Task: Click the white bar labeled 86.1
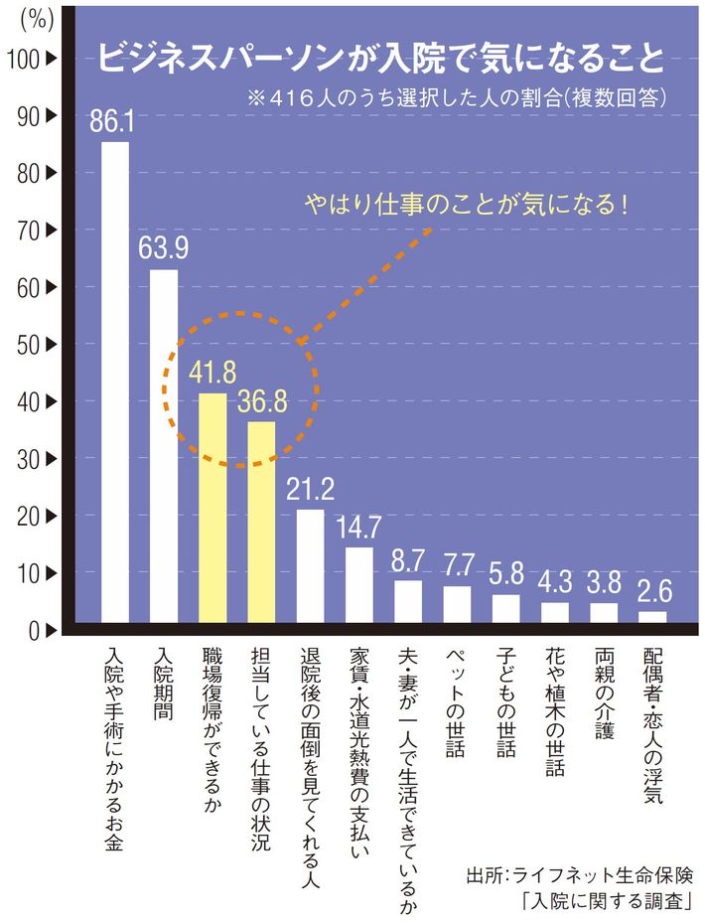(115, 383)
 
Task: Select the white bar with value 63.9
(164, 446)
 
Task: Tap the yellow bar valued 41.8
(212, 508)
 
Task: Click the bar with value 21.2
(310, 566)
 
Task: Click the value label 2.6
(652, 592)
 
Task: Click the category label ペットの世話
(456, 704)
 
